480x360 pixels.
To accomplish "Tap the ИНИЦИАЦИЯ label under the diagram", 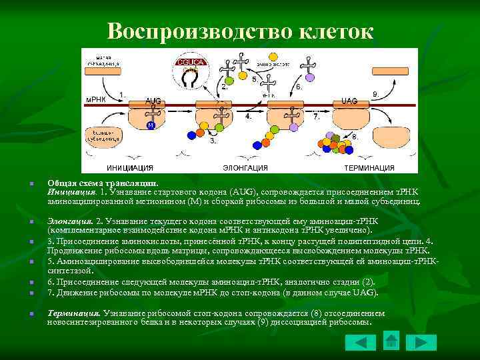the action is (x=130, y=168).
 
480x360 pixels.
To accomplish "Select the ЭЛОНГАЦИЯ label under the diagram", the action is (x=245, y=168).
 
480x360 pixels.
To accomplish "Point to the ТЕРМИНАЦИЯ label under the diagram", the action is (x=369, y=168).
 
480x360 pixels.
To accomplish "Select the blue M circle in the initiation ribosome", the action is (x=151, y=125).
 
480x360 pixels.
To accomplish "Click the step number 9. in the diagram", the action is (x=376, y=95).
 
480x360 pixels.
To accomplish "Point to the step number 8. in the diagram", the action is (x=355, y=137).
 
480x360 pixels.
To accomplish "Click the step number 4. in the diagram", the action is (x=249, y=116).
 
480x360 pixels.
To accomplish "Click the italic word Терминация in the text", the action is (x=73, y=313).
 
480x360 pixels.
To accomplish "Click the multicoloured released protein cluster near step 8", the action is (x=334, y=143).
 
